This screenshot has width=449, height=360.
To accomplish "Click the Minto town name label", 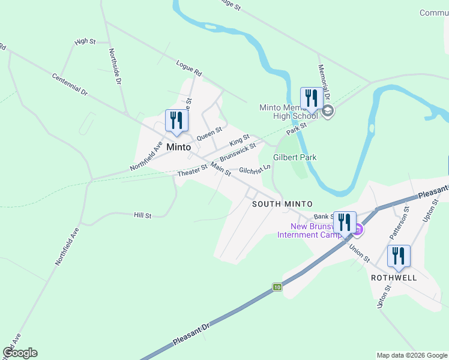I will tap(179, 147).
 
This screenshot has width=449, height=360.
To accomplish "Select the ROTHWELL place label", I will tap(394, 278).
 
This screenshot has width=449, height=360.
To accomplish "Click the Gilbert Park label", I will tap(295, 157).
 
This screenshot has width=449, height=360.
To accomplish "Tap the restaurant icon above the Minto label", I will tap(176, 120).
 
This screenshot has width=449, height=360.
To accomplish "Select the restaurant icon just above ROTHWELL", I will tap(399, 256).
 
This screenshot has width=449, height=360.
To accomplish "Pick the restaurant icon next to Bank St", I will tap(345, 222).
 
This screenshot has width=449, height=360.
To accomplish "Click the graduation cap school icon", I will tap(328, 111).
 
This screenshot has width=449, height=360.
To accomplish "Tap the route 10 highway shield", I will tap(276, 287).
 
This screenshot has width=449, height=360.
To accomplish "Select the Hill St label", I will tap(142, 215).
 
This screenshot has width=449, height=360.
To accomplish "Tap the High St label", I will tap(85, 41).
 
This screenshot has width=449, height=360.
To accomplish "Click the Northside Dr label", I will tap(115, 66).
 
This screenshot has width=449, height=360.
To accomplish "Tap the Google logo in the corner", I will tap(20, 353).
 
